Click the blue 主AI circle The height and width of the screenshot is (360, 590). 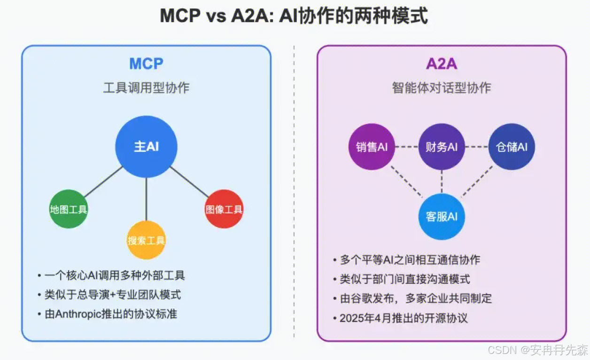point(147,147)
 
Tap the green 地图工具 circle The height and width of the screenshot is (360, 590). point(69,210)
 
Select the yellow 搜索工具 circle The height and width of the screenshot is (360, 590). point(147,241)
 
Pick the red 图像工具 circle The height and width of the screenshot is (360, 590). point(224,210)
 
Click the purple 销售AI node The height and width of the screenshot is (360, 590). point(372,147)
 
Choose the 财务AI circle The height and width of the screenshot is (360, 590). point(442,147)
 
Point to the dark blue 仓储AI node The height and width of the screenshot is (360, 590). point(512,147)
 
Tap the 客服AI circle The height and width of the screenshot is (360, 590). point(442,217)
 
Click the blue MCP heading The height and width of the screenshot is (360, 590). point(146,64)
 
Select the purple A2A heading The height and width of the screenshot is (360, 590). point(442,64)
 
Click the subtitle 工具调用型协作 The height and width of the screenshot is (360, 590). point(146,88)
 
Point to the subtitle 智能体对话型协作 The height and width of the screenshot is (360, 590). point(442,88)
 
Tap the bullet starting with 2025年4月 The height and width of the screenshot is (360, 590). point(404,318)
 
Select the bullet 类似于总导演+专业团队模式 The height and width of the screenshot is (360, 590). point(112,295)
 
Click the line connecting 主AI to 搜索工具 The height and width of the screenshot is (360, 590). point(147,200)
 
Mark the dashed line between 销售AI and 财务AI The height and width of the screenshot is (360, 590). point(406,147)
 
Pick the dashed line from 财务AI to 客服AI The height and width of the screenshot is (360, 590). point(442,181)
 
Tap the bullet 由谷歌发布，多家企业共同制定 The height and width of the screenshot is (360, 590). point(416,298)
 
